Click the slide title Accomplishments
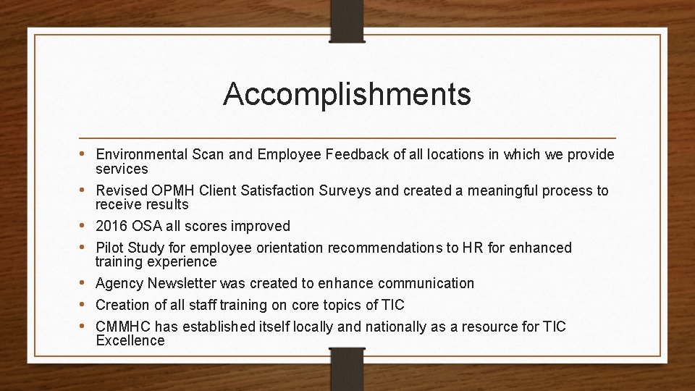point(347,94)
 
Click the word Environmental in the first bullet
point(141,154)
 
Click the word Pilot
point(110,248)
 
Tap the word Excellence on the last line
point(130,340)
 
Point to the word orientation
point(289,248)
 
